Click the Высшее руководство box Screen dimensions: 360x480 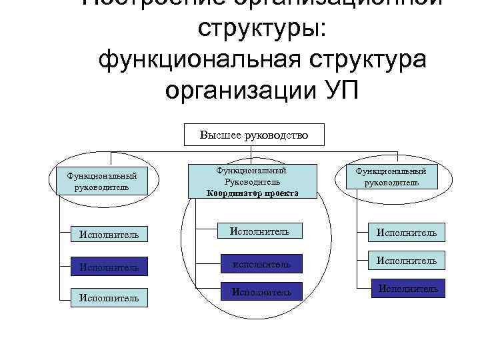click(x=254, y=135)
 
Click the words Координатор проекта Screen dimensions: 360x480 click(x=253, y=193)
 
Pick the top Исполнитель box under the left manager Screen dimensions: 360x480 click(x=109, y=235)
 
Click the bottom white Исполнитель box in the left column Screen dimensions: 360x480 click(x=109, y=298)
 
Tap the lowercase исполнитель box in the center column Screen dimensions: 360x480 click(x=261, y=265)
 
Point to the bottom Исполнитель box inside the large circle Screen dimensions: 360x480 click(x=261, y=291)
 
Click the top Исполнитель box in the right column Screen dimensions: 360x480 click(x=407, y=233)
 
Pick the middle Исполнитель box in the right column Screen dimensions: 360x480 click(x=407, y=261)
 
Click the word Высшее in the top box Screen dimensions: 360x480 click(x=223, y=135)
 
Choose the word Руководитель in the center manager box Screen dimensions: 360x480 click(x=253, y=181)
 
